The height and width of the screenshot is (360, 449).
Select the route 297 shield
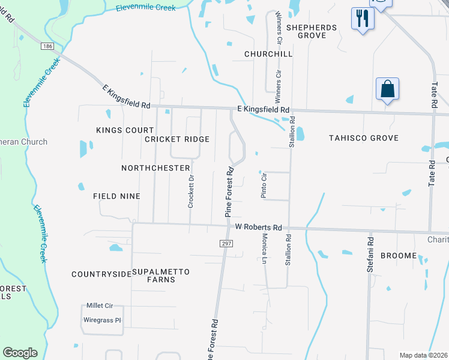point(226,243)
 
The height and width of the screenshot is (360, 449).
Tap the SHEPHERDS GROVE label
point(315,31)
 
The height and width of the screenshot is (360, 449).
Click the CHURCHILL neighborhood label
point(268,54)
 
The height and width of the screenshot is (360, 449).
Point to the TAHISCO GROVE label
point(364,138)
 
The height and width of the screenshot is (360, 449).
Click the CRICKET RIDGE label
point(177,139)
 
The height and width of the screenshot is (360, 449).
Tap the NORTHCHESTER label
point(155,168)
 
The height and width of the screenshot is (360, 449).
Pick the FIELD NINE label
point(116,196)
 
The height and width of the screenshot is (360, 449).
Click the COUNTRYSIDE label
point(101,274)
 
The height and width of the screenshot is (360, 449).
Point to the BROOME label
point(399,256)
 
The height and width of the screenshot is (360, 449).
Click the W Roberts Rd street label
point(258,227)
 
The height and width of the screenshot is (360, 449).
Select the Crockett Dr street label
point(191,191)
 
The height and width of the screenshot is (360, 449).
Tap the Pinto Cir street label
point(264,185)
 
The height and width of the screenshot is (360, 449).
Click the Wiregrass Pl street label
point(101,320)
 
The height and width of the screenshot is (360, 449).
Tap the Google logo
point(20,353)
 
